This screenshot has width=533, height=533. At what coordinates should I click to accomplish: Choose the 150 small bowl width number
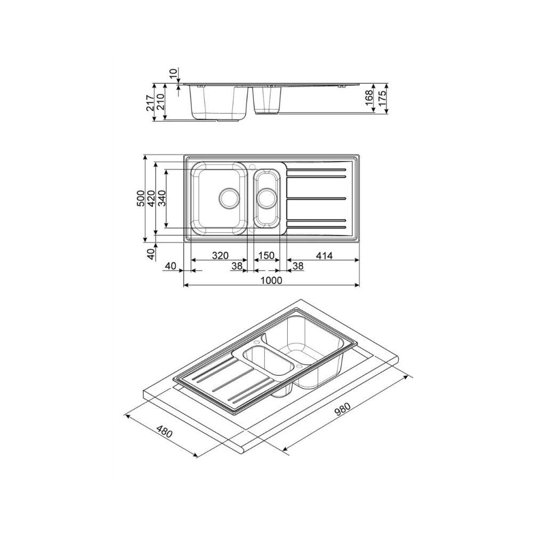(266, 256)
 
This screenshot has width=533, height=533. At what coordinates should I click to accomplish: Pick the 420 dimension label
(151, 198)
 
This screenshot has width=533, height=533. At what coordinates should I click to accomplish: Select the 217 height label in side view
(150, 102)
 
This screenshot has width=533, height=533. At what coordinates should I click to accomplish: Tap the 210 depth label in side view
(160, 102)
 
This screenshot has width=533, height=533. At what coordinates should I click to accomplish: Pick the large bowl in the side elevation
(219, 102)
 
